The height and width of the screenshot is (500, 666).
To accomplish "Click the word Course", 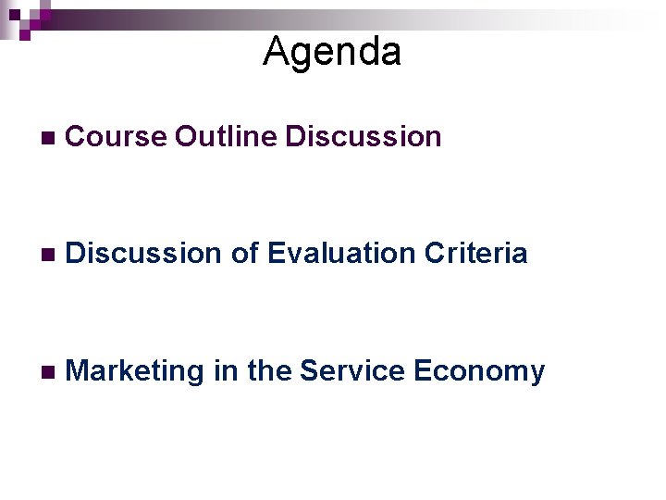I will [x=117, y=137].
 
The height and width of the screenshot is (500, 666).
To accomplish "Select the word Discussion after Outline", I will [x=364, y=137].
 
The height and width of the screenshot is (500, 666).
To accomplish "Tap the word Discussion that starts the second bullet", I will [x=144, y=254].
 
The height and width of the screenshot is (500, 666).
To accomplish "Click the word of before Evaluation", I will [x=245, y=254].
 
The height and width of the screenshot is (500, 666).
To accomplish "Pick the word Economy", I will [x=479, y=372].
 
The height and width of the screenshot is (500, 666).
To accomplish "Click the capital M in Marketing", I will [x=78, y=371].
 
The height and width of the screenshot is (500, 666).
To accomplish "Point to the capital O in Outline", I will [x=187, y=137].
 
